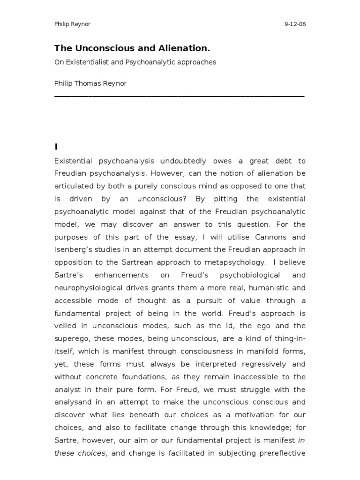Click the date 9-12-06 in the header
pos(294,24)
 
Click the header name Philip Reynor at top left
pos(73,24)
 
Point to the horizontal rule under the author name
pos(180,96)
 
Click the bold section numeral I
pos(56,147)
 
